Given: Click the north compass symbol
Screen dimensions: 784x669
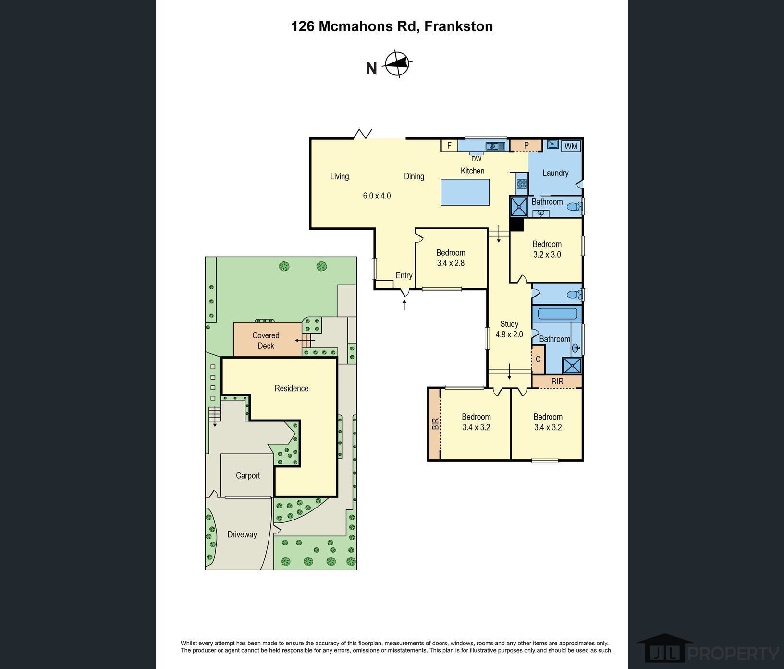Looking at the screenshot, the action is [398, 63].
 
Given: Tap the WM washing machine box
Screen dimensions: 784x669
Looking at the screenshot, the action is [571, 146].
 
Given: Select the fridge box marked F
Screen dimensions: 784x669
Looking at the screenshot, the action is [449, 145].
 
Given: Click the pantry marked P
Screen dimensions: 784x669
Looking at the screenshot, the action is [526, 145].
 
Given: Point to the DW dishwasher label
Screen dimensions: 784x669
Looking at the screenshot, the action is [476, 159].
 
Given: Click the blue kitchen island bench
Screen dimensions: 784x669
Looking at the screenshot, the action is [465, 192].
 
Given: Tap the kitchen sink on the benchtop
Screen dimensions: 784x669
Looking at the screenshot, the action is [495, 146].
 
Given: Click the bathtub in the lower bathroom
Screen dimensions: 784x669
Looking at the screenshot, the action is [558, 314].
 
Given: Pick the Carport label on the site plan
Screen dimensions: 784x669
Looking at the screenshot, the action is [248, 475].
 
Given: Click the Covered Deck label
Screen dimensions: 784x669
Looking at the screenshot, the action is [266, 340].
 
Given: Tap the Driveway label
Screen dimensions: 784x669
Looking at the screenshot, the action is [242, 534].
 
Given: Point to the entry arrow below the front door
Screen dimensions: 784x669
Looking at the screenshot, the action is [404, 304].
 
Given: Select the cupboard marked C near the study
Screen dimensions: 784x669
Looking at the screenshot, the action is [538, 359].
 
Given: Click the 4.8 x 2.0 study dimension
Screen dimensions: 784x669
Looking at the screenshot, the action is [509, 334].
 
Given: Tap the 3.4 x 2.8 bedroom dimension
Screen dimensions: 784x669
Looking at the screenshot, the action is [451, 263].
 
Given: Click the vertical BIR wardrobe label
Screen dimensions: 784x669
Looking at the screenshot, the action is [435, 424].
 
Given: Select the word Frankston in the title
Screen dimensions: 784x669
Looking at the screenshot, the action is [459, 26].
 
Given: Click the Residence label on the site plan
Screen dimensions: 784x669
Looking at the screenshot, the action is [292, 388].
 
